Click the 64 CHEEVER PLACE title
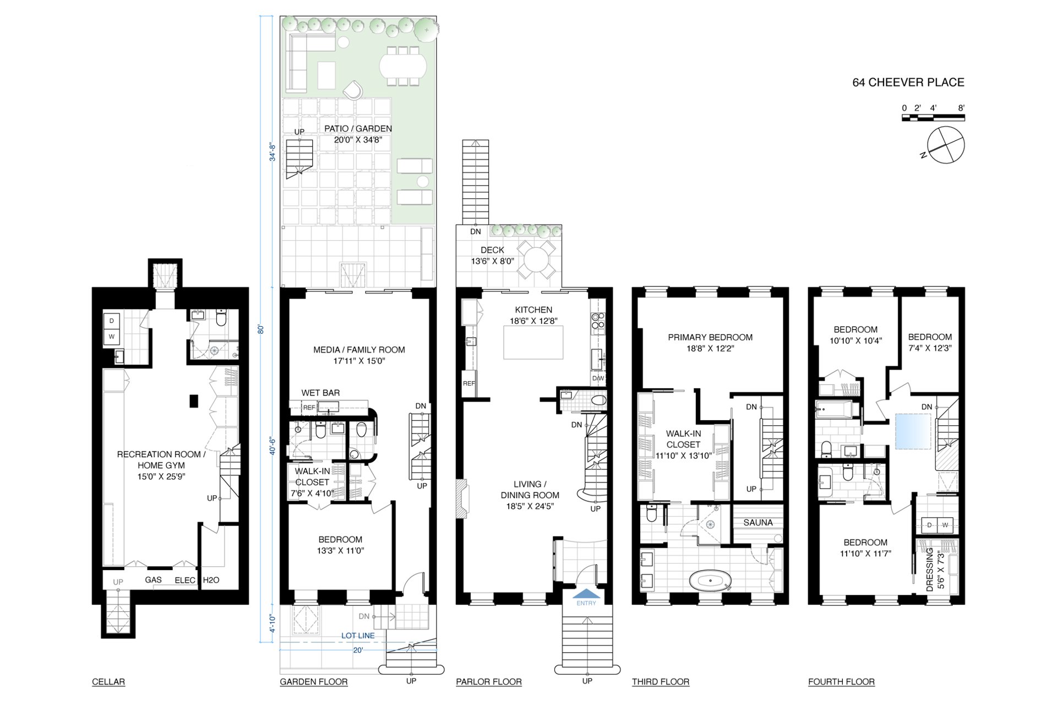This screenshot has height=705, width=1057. pos(908,83)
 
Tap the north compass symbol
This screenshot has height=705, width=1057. pos(945,145)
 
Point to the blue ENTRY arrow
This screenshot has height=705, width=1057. pos(586,594)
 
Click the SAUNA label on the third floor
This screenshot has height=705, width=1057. pos(758,523)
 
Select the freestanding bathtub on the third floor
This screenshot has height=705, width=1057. pos(711,581)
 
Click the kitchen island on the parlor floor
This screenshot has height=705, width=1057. pos(533,342)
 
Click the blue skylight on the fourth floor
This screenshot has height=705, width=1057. pos(913,431)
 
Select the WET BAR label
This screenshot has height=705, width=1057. pos(320,393)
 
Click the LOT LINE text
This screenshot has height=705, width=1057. pos(358,636)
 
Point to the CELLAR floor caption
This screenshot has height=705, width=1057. pos(108,682)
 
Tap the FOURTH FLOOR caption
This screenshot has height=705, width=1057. pos(841,682)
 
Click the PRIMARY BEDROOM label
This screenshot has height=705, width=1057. pos(710,337)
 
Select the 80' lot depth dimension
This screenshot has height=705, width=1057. pos(261,329)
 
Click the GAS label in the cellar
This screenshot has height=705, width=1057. pos(153,580)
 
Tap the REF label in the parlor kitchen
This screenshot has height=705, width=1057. pos(469,383)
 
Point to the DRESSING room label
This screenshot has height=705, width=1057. pos(930,570)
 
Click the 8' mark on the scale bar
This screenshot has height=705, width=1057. pos(961,108)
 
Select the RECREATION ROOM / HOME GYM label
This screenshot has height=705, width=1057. pos(161,465)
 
